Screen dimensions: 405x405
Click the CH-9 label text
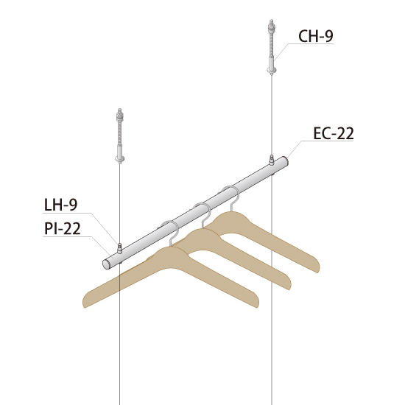coord(316,36)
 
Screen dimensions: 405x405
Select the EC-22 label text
coord(333,133)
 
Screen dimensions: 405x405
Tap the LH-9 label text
coord(60,205)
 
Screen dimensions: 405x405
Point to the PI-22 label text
coord(63,228)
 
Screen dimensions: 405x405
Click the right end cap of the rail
coord(284,161)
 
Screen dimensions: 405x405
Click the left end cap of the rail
coord(106,264)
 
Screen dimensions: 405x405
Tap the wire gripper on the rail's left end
coord(119,248)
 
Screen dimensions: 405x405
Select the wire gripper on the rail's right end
coord(272,160)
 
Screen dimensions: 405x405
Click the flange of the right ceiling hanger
coord(272,69)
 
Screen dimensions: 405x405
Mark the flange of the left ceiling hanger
coord(119,158)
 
